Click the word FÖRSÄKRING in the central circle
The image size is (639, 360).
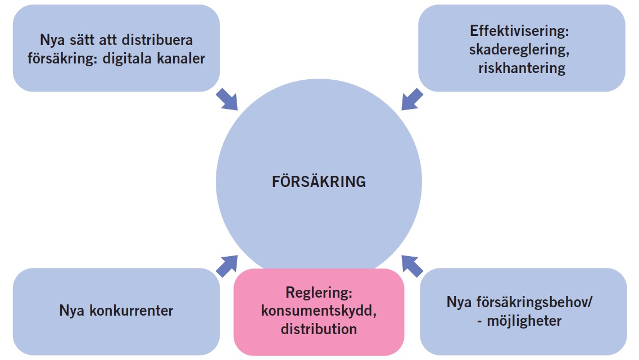pos(319,182)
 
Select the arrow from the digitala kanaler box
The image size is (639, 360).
pos(227,99)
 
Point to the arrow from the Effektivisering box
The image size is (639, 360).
pos(412,99)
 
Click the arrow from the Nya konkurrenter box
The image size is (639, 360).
pos(226,265)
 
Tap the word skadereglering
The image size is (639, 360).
pos(520,49)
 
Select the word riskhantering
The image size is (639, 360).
pos(522,68)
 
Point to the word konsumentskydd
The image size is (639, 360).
pos(318,312)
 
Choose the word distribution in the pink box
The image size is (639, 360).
pos(319,329)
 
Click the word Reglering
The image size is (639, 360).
pos(318,294)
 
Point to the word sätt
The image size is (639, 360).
pos(80,40)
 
